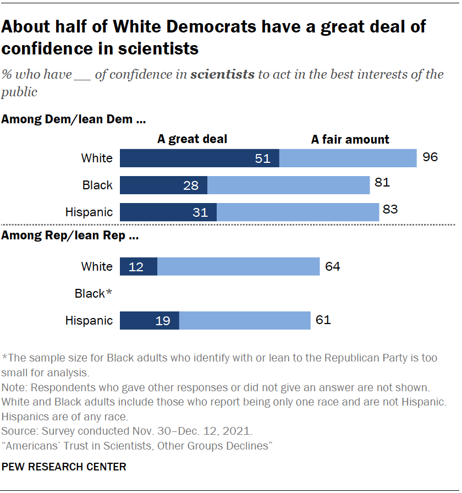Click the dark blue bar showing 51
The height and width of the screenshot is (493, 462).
pos(199,158)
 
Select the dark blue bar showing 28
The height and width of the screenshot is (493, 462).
pos(163,185)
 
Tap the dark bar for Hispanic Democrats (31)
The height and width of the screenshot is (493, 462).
pos(168,212)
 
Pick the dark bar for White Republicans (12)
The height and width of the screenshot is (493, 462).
pos(138,267)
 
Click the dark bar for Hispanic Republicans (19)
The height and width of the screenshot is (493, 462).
pos(149,320)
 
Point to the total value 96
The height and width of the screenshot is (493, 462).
pos(430,157)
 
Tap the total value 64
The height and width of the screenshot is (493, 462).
pos(332,267)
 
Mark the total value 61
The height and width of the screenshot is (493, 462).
pos(323,320)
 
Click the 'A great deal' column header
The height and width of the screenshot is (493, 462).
pos(192,140)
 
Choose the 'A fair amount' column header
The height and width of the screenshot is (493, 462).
pos(350,140)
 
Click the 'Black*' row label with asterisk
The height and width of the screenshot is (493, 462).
pos(94,294)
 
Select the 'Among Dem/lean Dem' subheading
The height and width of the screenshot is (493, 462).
pos(74,118)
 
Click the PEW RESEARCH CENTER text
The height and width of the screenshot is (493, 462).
pos(64,467)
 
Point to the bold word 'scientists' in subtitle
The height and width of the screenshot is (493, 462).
pos(222,74)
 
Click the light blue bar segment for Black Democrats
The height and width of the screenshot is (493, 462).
pos(288,185)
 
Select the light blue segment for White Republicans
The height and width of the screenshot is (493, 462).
pos(238,267)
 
